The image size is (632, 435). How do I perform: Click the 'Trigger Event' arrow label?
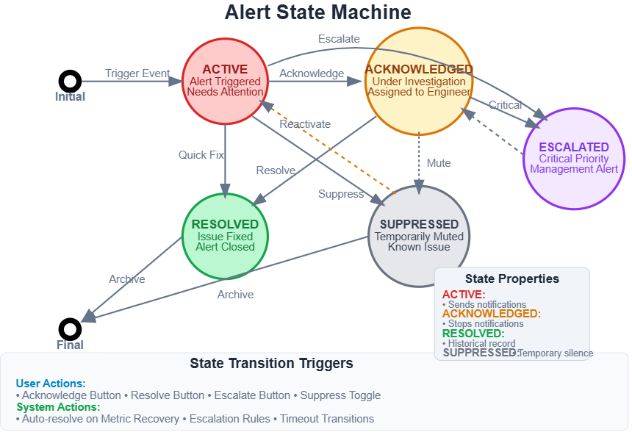pyautogui.click(x=137, y=73)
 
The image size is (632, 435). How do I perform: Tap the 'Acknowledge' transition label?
pyautogui.click(x=312, y=73)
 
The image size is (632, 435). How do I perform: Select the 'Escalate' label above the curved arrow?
pyautogui.click(x=339, y=39)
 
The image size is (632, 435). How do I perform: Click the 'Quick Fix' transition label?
pyautogui.click(x=201, y=155)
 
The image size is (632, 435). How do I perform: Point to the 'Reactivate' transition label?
pyautogui.click(x=305, y=124)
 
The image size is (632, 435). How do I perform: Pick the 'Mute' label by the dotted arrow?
pyautogui.click(x=439, y=163)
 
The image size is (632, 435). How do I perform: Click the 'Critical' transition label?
pyautogui.click(x=506, y=105)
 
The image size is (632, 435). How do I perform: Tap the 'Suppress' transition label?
pyautogui.click(x=341, y=194)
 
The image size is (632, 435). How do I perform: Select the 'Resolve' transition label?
pyautogui.click(x=276, y=170)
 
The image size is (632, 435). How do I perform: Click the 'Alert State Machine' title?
pyautogui.click(x=318, y=12)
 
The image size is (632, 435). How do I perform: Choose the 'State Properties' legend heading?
pyautogui.click(x=512, y=278)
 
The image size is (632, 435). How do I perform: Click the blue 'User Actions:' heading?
pyautogui.click(x=51, y=384)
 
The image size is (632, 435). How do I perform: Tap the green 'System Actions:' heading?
pyautogui.click(x=58, y=407)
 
